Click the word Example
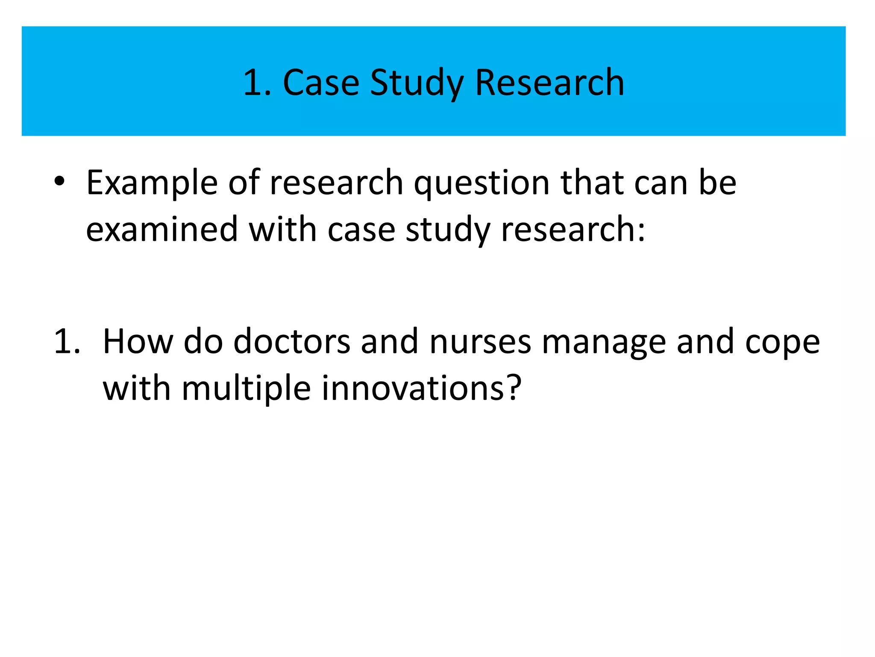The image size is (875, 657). [x=152, y=183]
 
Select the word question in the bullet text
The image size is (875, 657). [x=482, y=183]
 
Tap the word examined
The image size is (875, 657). [x=161, y=230]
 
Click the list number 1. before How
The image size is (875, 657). [x=67, y=342]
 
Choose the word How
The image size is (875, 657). [x=138, y=342]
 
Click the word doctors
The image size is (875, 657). [x=292, y=342]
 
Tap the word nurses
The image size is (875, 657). [x=480, y=342]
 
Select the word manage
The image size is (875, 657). [x=604, y=342]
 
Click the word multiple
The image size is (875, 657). [x=246, y=388]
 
